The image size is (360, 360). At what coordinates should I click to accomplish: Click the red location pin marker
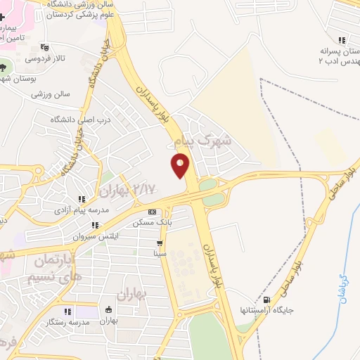point(181,165)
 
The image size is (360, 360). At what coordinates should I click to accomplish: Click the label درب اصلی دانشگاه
point(81,120)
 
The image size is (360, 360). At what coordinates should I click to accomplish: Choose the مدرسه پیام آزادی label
point(82,210)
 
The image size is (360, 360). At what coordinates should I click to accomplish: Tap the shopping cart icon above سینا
point(161,243)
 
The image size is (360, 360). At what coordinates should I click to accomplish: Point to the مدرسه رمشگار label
point(67,321)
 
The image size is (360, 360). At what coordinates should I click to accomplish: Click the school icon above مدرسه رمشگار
point(67,311)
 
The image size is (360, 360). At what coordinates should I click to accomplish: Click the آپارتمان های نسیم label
point(59,267)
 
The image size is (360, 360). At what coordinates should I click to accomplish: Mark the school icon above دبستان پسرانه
point(341,41)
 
